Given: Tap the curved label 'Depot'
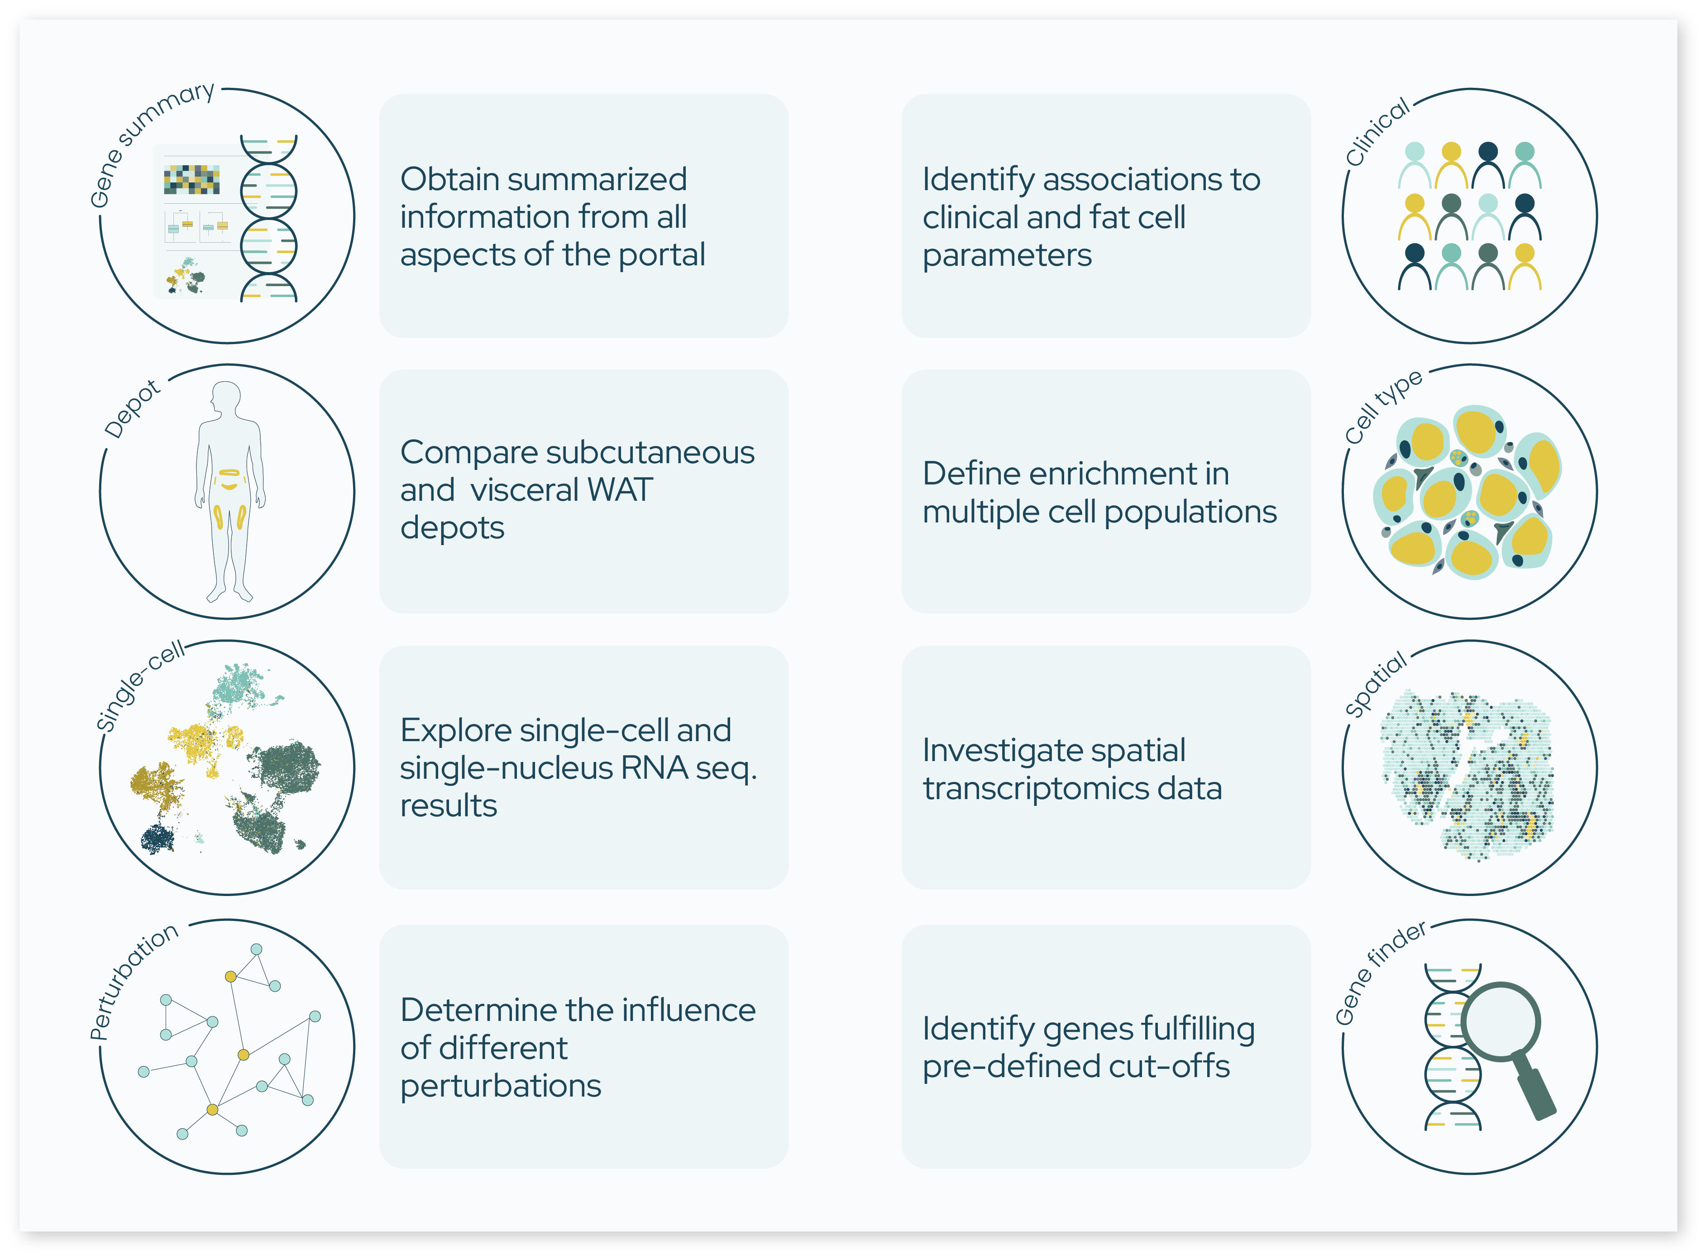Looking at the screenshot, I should [132, 409].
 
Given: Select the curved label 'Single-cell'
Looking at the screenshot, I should [139, 685].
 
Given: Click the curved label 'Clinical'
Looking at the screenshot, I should [1376, 132].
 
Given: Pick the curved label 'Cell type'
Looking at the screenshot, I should [1382, 406].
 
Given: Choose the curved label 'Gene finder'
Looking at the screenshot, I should [1379, 973].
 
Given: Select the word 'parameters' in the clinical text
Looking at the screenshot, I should [1007, 255].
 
